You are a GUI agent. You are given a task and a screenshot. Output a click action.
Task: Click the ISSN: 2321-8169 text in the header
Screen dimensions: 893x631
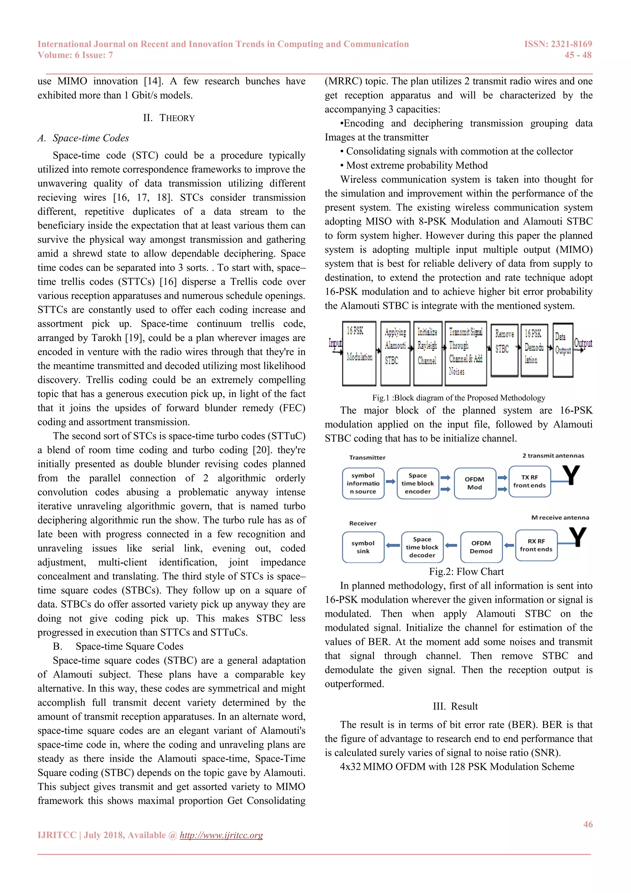point(558,44)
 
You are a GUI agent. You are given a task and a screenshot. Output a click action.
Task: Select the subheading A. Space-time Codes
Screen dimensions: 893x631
point(83,138)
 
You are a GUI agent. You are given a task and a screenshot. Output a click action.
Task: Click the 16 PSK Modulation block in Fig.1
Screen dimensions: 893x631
point(359,353)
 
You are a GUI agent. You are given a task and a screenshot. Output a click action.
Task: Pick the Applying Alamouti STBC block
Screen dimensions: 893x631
point(395,353)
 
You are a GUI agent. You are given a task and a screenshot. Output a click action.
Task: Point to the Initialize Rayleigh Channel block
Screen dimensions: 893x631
point(427,353)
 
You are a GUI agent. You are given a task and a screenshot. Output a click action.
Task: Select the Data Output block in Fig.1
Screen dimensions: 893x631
point(563,350)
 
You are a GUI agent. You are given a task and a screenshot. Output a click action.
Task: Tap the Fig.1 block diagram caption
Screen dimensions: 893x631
point(458,397)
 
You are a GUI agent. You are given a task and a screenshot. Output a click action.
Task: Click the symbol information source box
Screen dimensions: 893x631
point(363,484)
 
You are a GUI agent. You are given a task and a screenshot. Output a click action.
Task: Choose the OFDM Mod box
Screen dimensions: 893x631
point(474,484)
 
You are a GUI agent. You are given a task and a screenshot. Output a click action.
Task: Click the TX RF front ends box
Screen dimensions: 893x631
point(529,482)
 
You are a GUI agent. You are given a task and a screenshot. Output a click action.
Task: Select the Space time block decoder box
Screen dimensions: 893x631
point(422,547)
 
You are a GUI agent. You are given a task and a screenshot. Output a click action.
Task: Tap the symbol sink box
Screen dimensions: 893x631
point(363,547)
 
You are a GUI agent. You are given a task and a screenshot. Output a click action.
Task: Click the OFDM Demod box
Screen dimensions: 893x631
point(481,547)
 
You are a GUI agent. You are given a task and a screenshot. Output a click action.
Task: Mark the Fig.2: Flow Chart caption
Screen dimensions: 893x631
point(466,572)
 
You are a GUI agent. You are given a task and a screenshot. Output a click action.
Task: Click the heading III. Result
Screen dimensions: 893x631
point(455,706)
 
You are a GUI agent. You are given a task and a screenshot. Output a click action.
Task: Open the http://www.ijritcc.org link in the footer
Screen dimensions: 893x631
point(221,835)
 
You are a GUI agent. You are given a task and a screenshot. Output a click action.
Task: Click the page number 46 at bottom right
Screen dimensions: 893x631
point(588,824)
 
